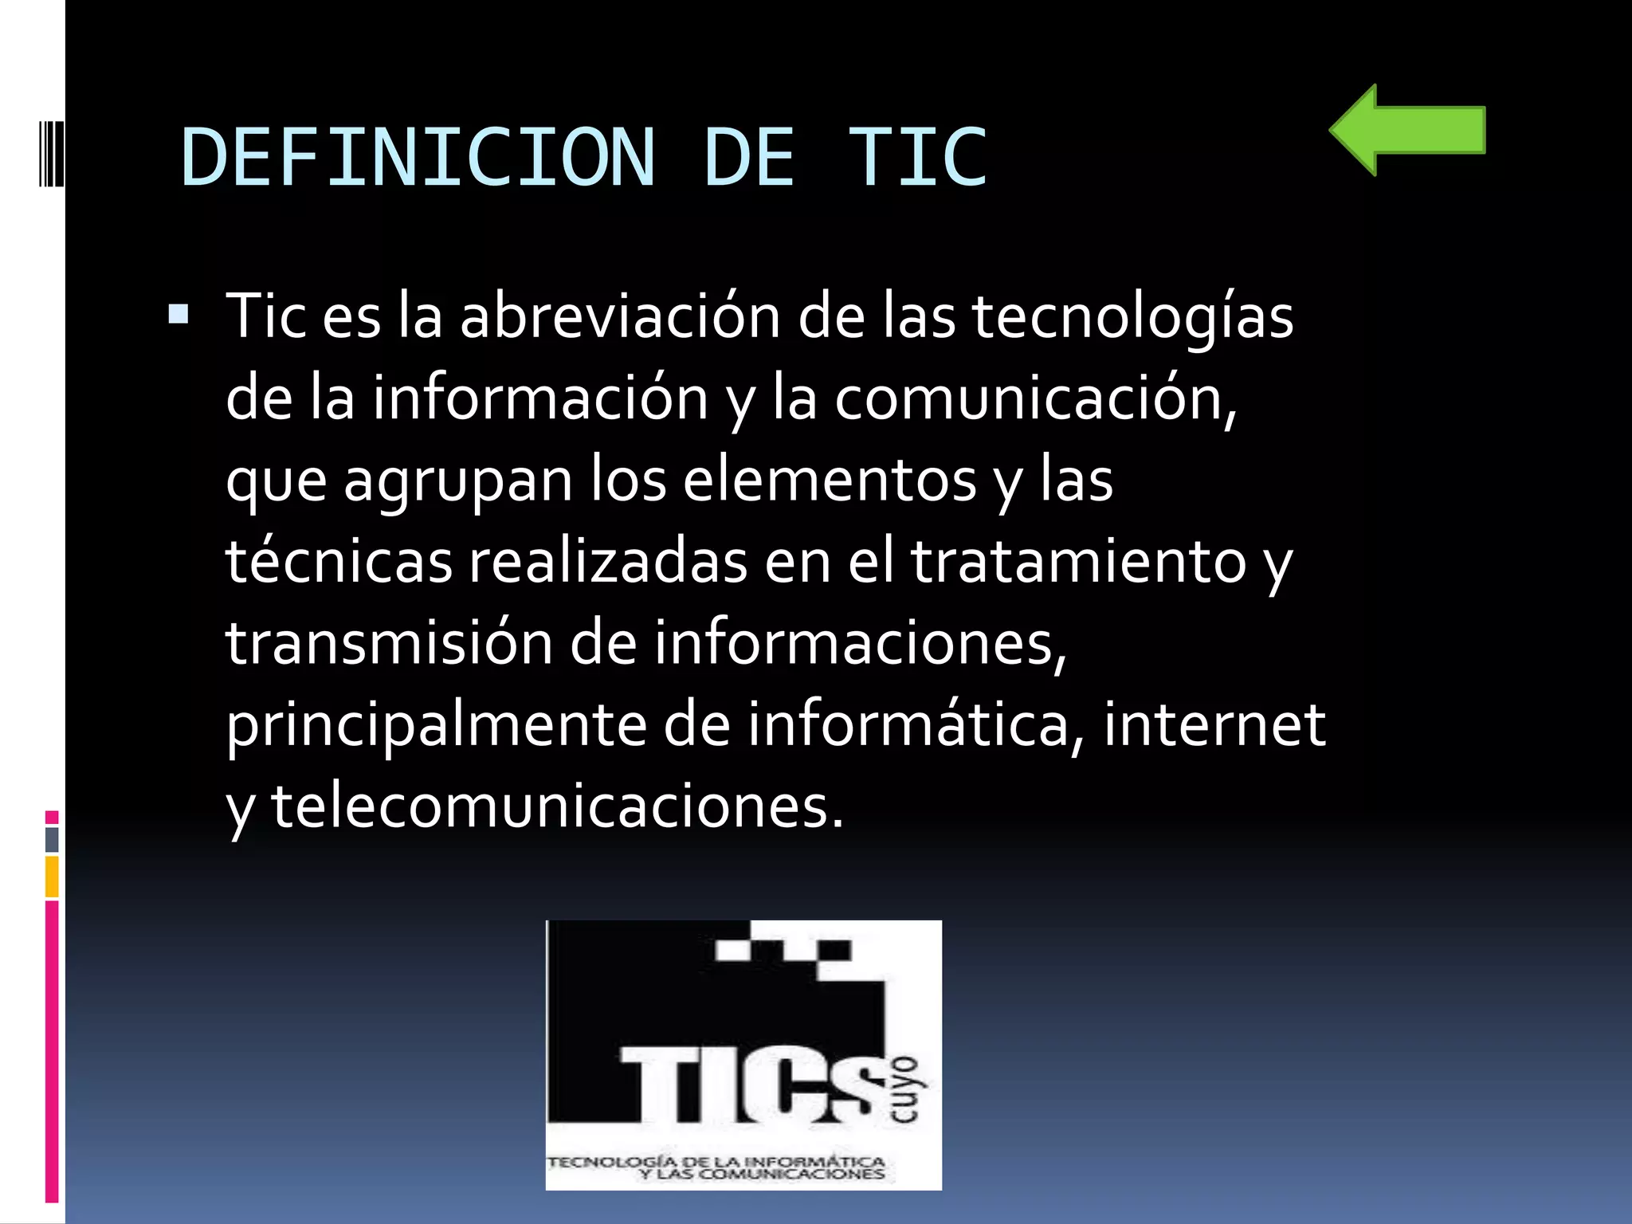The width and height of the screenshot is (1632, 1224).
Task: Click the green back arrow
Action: click(x=1406, y=130)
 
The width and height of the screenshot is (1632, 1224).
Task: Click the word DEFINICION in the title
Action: click(x=418, y=158)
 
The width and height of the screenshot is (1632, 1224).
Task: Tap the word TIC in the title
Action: click(x=916, y=158)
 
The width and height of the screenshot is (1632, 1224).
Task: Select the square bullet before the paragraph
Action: click(x=178, y=315)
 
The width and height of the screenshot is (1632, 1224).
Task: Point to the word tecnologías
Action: click(x=1132, y=317)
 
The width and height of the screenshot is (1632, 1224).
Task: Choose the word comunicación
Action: click(x=1034, y=398)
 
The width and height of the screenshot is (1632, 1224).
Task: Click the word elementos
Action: click(x=830, y=481)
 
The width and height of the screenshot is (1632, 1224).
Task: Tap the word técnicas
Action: click(x=339, y=562)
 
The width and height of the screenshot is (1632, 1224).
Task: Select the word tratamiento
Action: click(x=1078, y=562)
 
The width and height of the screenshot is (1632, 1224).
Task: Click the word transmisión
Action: click(x=389, y=644)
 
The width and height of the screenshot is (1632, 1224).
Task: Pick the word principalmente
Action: click(x=436, y=726)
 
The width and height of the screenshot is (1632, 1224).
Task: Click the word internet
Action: click(x=1214, y=726)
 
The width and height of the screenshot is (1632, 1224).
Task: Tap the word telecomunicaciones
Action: click(x=557, y=807)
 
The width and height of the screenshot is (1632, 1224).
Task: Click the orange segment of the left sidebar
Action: click(x=52, y=876)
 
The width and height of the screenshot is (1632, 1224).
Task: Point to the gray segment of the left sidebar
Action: click(x=52, y=839)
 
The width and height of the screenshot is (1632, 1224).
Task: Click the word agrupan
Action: click(x=458, y=481)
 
